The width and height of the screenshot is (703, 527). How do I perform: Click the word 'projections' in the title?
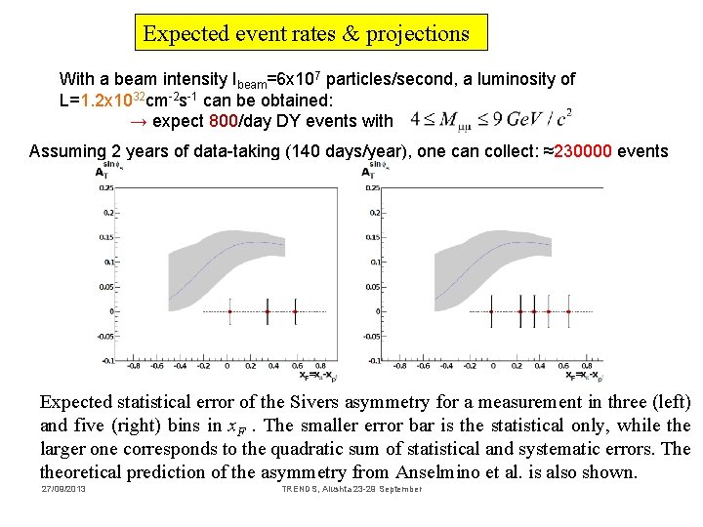click(x=418, y=34)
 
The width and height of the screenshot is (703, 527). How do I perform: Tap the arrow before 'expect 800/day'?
click(x=138, y=121)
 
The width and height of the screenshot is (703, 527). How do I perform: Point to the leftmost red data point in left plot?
click(x=229, y=311)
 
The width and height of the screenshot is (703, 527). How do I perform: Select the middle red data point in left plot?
click(x=267, y=311)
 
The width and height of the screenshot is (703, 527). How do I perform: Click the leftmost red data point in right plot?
click(x=491, y=311)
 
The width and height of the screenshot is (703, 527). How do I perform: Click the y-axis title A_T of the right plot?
click(x=368, y=172)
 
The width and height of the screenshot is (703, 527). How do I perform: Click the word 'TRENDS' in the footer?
click(x=295, y=488)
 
